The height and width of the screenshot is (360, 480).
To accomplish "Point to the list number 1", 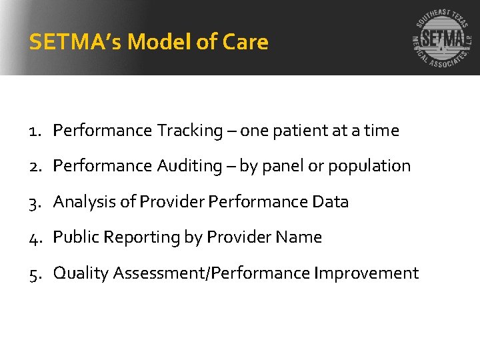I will (36, 131).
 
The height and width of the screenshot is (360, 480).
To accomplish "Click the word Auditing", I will (191, 166).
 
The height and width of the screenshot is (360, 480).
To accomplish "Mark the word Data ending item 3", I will (331, 202).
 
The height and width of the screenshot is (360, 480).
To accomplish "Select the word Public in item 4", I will (73, 237).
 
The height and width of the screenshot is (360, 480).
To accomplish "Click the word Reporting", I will (131, 237).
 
